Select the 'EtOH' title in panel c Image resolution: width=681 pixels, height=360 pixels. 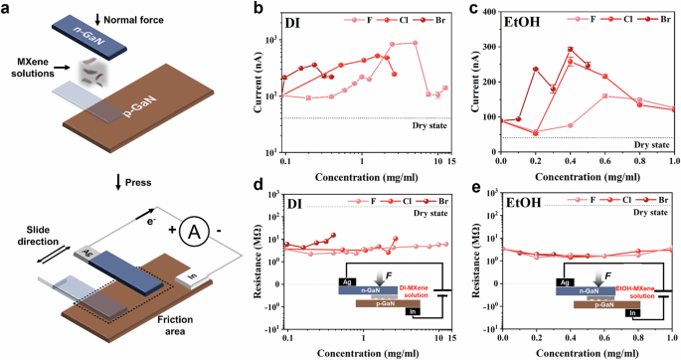525,24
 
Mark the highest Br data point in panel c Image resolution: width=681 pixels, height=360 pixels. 570,49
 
